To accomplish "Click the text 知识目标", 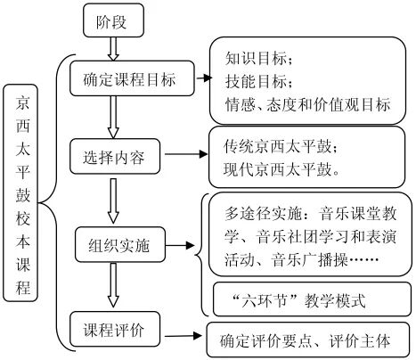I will pyautogui.click(x=251, y=60).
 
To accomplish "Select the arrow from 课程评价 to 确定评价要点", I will pyautogui.click(x=184, y=336).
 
